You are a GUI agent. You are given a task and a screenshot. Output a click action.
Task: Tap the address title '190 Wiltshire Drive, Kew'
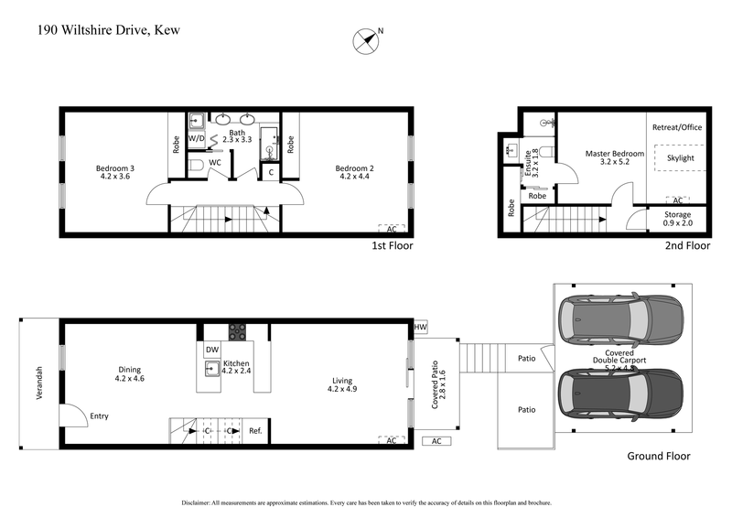(x=109, y=30)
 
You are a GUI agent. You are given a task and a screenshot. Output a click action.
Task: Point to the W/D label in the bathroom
(x=197, y=140)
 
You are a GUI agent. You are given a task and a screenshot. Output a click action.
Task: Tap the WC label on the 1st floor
(x=215, y=163)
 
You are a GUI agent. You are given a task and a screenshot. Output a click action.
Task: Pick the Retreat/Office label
(x=677, y=127)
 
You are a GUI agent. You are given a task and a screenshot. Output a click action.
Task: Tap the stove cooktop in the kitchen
(x=236, y=332)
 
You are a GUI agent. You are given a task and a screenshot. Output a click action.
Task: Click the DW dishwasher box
(x=212, y=350)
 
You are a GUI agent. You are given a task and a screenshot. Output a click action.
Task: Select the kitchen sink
(x=213, y=369)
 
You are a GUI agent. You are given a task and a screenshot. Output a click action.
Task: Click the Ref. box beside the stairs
(x=255, y=430)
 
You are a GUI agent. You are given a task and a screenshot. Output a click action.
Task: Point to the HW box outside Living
(x=421, y=327)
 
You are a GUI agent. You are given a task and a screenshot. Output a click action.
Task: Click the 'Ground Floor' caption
(x=658, y=456)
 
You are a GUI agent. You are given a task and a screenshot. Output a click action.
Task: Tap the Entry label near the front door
(x=99, y=416)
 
